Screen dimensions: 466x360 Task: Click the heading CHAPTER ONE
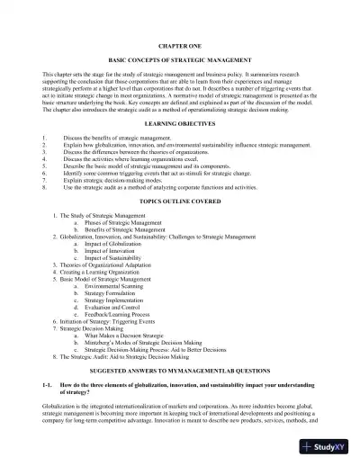(x=179, y=42)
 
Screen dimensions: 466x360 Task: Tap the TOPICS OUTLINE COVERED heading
(x=179, y=203)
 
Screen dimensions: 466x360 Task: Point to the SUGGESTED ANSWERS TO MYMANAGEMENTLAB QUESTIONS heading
(x=179, y=370)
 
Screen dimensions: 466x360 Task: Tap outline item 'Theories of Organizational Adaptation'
(x=108, y=264)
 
